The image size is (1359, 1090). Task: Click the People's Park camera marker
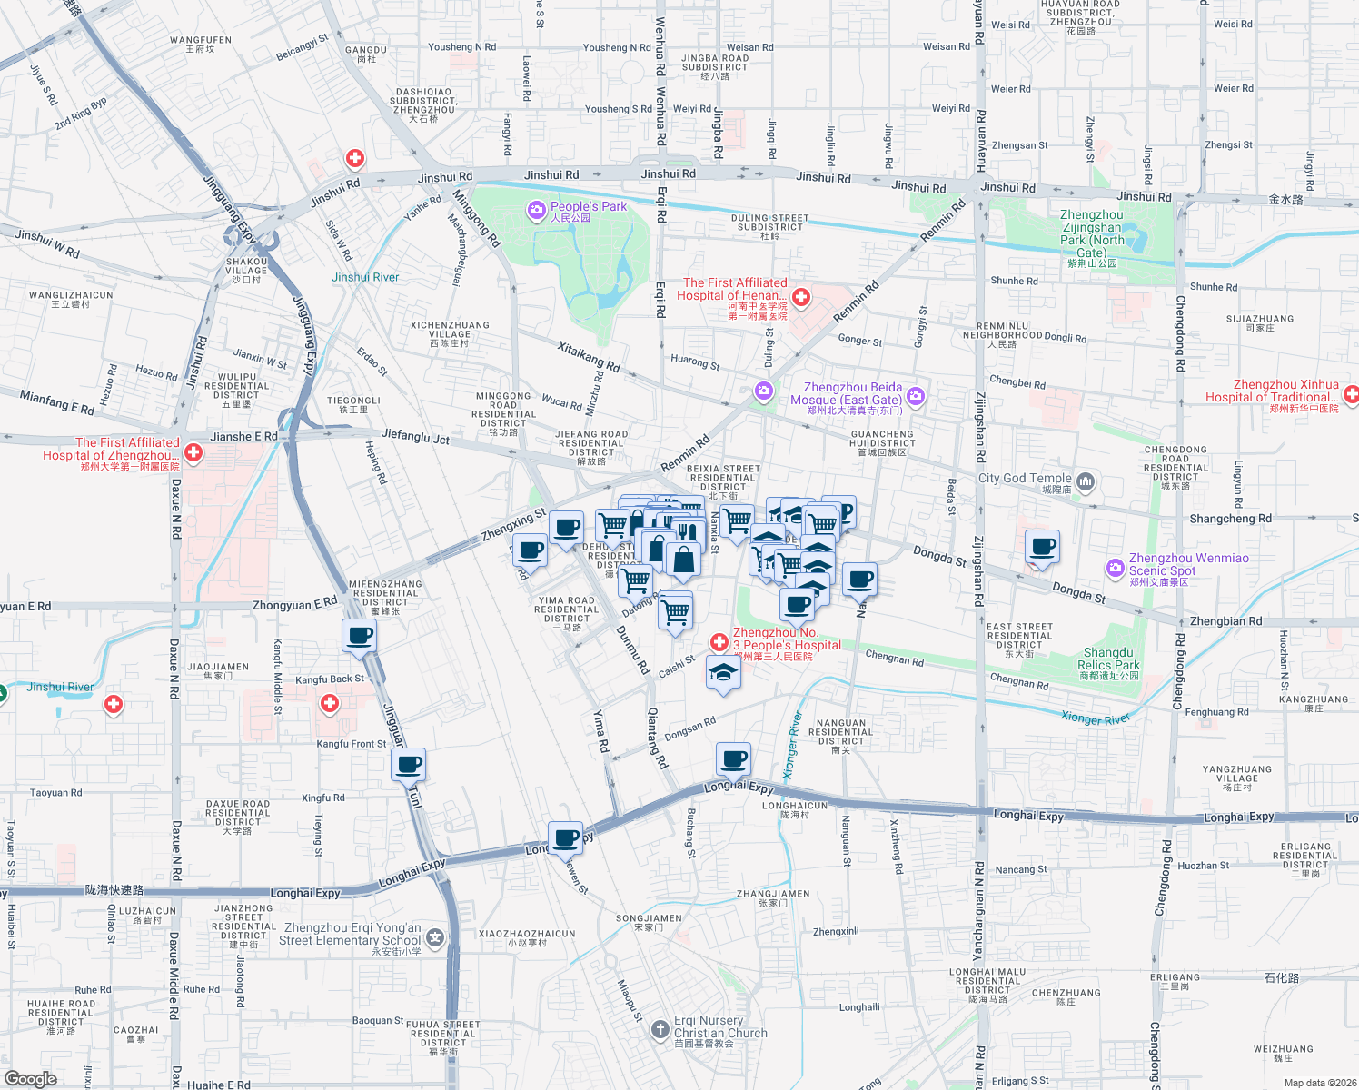[536, 211]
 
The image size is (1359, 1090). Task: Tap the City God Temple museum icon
[1086, 481]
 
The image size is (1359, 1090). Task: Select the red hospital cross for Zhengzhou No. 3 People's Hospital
[719, 643]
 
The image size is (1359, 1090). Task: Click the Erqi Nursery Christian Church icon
[660, 1029]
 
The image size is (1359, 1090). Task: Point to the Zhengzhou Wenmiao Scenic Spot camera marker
[1116, 568]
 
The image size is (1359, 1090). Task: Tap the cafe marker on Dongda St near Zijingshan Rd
[1042, 548]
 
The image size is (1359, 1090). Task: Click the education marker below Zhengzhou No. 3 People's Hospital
[723, 673]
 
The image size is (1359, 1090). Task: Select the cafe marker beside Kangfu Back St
[360, 636]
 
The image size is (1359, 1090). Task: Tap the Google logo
[30, 1079]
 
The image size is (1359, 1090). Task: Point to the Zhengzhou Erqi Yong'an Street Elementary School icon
[436, 937]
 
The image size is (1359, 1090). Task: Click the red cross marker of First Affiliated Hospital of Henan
[801, 297]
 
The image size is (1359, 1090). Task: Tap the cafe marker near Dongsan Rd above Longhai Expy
[733, 758]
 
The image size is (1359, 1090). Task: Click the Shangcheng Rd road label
[1230, 519]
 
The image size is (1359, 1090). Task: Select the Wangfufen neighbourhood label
[201, 45]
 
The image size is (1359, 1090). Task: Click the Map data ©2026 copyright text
[1319, 1082]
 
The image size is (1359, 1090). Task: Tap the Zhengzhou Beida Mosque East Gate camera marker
[916, 395]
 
